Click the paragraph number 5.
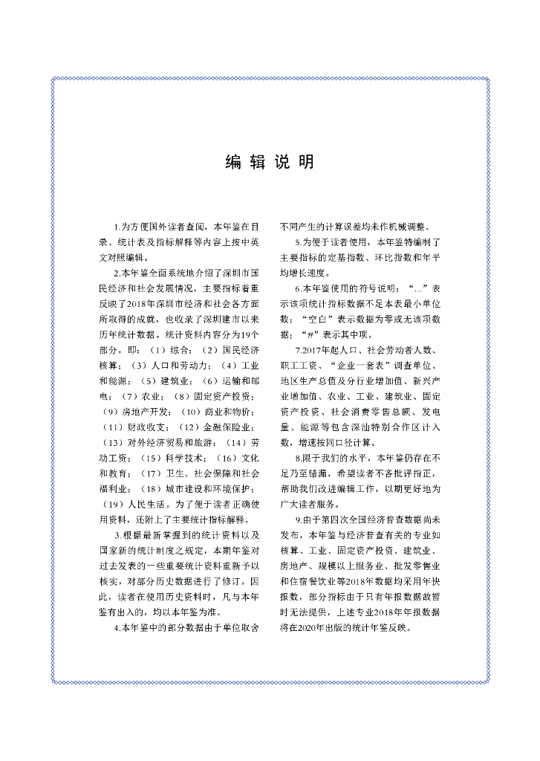[x=298, y=242]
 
